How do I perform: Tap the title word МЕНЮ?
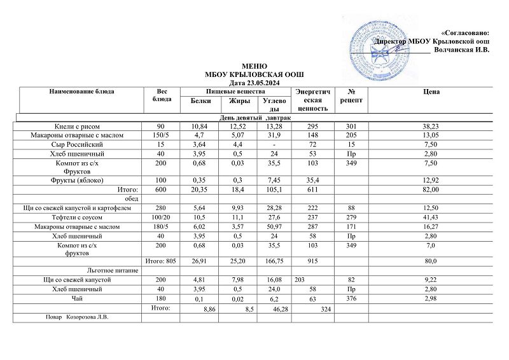pos(250,66)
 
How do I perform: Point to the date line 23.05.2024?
pos(251,83)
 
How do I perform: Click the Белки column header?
pos(200,100)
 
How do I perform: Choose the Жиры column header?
pos(239,100)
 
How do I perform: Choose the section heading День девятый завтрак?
pos(255,118)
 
